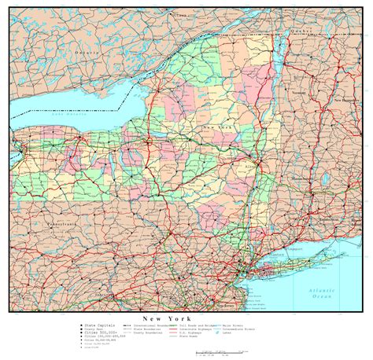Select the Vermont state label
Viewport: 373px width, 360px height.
(x=319, y=92)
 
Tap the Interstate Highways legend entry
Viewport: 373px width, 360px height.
(x=209, y=329)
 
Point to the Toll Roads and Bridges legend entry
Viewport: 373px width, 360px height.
(x=209, y=324)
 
